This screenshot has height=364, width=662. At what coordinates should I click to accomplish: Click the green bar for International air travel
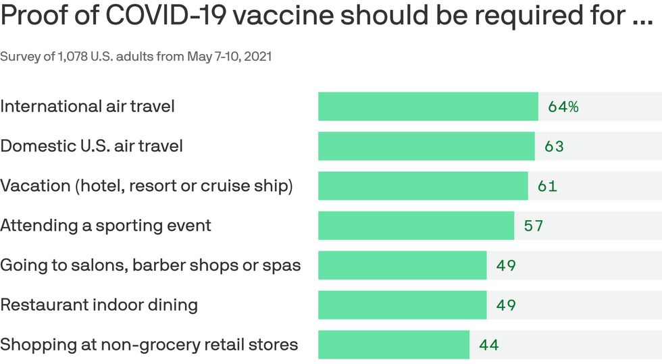point(428,107)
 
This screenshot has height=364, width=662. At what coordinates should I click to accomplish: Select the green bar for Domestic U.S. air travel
point(426,146)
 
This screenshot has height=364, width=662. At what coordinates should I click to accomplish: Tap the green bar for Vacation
point(423,186)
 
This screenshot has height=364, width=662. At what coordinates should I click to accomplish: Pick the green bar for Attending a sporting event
point(416,226)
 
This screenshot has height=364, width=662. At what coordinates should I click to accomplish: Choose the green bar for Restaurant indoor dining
point(403,305)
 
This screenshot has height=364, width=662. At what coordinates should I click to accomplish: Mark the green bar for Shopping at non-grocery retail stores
point(394,344)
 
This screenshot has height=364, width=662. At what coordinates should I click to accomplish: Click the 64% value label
point(563,107)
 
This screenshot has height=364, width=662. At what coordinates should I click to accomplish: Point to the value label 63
point(554,147)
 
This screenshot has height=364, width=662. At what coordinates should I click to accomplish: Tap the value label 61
point(547,186)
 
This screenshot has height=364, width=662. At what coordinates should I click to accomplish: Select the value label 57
point(534,226)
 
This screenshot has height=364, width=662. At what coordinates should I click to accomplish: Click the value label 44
point(489,345)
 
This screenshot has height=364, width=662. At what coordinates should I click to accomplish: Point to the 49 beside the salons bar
point(506,265)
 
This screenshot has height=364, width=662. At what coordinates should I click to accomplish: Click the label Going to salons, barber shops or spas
point(150,265)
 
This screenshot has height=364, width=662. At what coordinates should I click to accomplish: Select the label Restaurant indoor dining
point(99,305)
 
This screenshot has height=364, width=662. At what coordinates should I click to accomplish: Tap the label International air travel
point(87,107)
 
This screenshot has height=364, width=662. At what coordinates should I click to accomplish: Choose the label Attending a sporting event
point(105,226)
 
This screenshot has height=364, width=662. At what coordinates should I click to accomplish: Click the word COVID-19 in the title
point(144,17)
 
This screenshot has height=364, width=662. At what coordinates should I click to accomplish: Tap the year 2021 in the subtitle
point(257,57)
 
